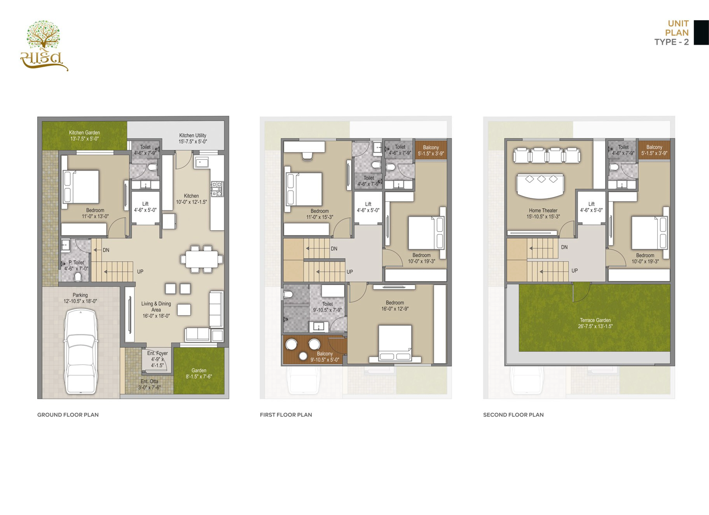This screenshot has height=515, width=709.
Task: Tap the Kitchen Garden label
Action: point(84,133)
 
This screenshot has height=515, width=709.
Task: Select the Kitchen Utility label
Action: point(193,135)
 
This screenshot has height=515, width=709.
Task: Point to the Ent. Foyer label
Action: point(158,353)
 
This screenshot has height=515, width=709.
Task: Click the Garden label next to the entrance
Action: point(199,370)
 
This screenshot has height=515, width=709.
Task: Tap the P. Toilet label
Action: point(76,263)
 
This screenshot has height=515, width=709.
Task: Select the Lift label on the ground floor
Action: point(145,204)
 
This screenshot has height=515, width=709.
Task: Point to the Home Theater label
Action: point(543,211)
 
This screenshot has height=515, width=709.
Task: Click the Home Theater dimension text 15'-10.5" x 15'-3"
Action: point(543,217)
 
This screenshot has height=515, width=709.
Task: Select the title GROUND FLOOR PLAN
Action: point(68,415)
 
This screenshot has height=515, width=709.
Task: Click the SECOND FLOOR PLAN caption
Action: point(513,415)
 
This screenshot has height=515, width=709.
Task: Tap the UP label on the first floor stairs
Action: point(349,272)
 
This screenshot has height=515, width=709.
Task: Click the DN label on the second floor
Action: point(564,247)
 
